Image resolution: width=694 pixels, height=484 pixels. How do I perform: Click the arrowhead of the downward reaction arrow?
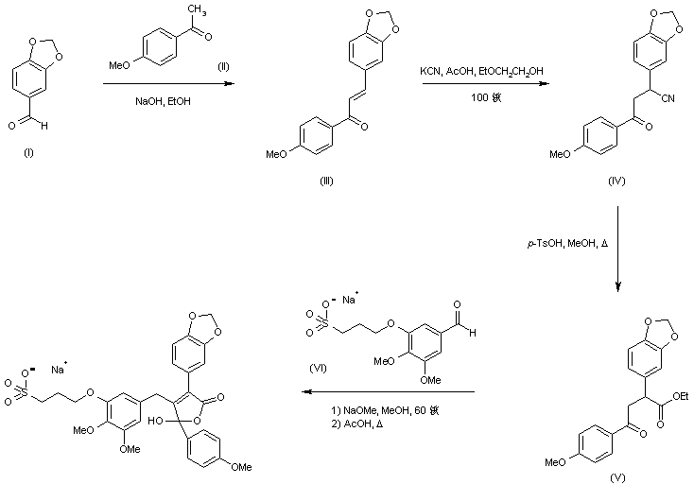618,287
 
